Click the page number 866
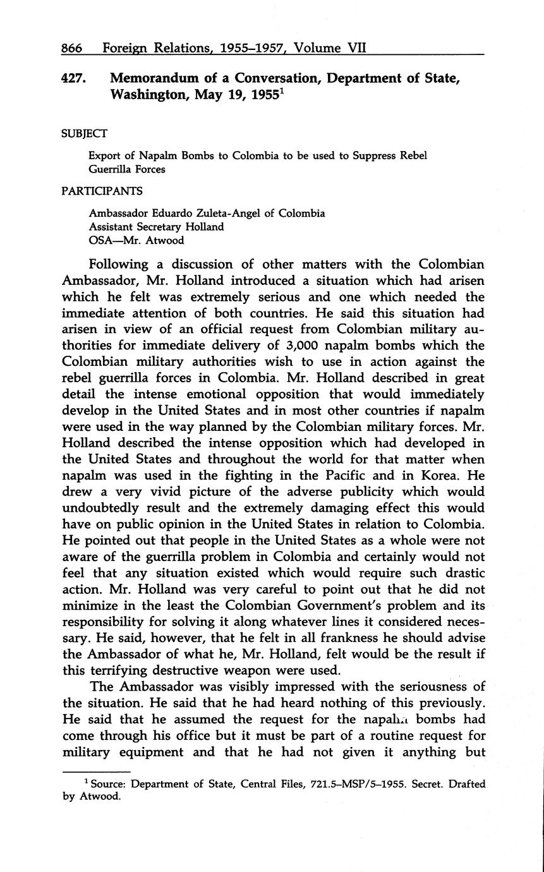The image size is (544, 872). pyautogui.click(x=73, y=47)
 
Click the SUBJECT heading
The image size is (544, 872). pyautogui.click(x=84, y=133)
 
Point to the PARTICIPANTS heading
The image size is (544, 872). pyautogui.click(x=102, y=191)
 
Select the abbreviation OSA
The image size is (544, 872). pyautogui.click(x=101, y=239)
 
